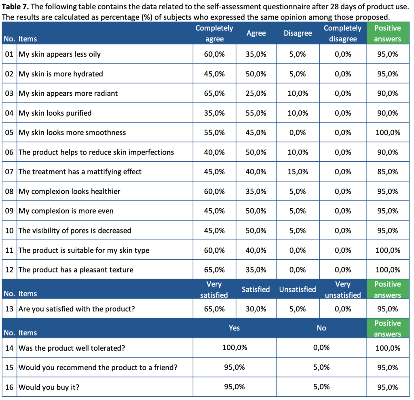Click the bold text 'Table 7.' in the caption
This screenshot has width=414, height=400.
click(x=16, y=7)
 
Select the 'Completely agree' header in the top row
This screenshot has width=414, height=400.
click(x=214, y=33)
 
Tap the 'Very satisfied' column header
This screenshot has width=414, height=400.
click(x=214, y=290)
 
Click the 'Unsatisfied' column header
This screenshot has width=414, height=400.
click(x=298, y=290)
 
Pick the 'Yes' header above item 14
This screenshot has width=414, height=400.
click(x=234, y=328)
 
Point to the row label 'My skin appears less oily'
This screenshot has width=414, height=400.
click(x=59, y=54)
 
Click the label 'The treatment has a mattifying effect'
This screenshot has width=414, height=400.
click(x=80, y=171)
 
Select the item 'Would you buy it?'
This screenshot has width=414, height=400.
click(x=49, y=387)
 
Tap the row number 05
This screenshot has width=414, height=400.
click(x=9, y=133)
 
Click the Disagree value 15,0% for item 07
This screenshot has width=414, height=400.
click(x=298, y=171)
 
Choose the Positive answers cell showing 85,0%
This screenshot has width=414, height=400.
click(x=387, y=171)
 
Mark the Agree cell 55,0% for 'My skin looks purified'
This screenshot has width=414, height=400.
click(x=256, y=113)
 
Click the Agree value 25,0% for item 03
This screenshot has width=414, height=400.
click(x=256, y=93)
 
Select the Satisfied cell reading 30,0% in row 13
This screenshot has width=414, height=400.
click(x=256, y=309)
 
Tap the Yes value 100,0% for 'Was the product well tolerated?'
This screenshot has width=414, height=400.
click(x=234, y=347)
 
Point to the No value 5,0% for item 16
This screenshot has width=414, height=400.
click(x=321, y=387)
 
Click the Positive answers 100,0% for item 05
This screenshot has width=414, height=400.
click(x=387, y=133)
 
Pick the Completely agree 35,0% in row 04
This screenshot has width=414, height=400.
click(x=214, y=113)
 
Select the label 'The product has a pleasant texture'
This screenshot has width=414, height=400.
click(x=76, y=270)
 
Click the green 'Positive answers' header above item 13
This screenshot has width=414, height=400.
click(x=387, y=290)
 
